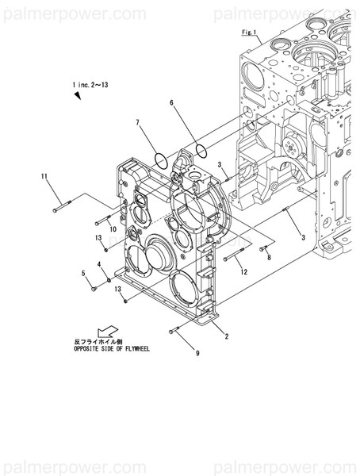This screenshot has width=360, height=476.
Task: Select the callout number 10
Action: (113, 229)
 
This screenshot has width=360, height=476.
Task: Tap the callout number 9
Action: (197, 353)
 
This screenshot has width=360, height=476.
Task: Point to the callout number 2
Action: (227, 336)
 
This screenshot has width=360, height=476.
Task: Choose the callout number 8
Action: (269, 257)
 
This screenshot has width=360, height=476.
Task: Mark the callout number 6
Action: (171, 103)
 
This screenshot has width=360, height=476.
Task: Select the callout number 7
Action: (137, 123)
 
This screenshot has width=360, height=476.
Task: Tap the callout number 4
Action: (99, 264)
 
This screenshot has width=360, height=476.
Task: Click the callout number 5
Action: (82, 274)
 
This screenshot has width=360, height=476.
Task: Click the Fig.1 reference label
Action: (251, 32)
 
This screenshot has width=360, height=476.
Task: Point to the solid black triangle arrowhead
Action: (79, 96)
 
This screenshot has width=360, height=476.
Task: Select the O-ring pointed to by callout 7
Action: (161, 159)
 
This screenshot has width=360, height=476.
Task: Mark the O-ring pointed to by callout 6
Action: (199, 149)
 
